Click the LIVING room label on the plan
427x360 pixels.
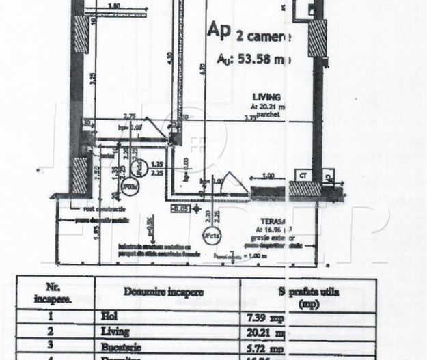[266, 97]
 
